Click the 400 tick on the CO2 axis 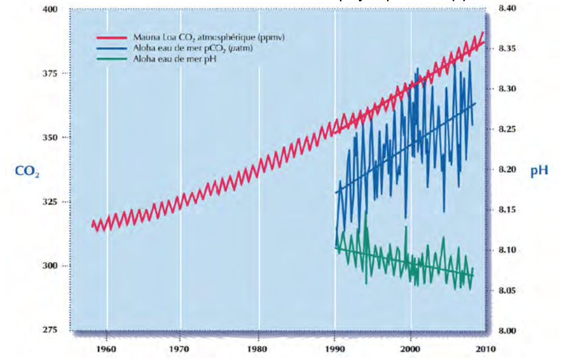click(x=49, y=10)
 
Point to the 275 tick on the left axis click(x=49, y=330)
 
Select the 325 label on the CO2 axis click(x=49, y=202)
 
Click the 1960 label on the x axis click(x=106, y=350)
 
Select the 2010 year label click(x=486, y=350)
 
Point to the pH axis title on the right click(x=539, y=171)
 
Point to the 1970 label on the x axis click(x=181, y=350)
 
